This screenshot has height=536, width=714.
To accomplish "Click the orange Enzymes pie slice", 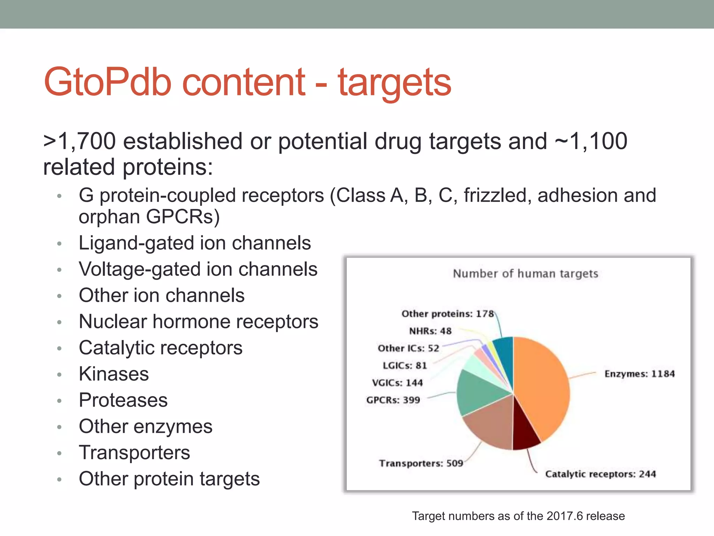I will (x=544, y=387).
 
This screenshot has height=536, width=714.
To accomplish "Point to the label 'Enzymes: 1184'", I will (x=639, y=374).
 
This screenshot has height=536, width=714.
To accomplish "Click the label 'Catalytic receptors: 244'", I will (x=600, y=474).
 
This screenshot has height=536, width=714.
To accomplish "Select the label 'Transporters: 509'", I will (x=421, y=463).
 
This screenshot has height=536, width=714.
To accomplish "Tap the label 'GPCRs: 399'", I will (x=393, y=400).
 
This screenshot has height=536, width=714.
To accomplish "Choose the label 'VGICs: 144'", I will (x=397, y=383).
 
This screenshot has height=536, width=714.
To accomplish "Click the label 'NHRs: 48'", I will (x=430, y=331).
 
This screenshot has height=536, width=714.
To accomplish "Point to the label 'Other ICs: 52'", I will (x=408, y=348).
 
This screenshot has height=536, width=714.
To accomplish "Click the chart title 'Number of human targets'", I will (x=525, y=274).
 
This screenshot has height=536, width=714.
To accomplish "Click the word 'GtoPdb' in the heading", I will (x=107, y=82).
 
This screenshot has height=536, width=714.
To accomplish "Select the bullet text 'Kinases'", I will (x=114, y=374).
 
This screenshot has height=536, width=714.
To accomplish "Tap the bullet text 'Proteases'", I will (x=123, y=400).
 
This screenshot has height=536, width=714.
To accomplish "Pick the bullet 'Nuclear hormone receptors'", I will (x=198, y=321).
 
